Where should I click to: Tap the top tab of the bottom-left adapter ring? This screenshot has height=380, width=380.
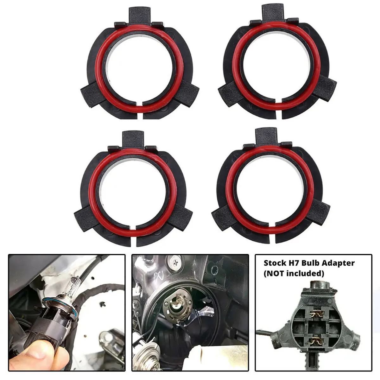point(133,138)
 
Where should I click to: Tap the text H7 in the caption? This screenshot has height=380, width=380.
point(296,263)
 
